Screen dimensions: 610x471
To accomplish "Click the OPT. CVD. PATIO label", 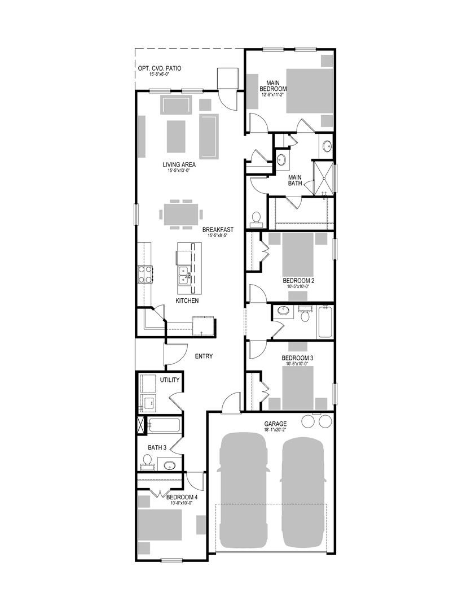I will click(x=160, y=69).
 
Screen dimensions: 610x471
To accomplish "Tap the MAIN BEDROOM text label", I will click(x=273, y=86).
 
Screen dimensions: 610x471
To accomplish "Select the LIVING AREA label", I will click(x=179, y=165).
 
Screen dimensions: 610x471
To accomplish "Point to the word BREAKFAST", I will click(x=218, y=230).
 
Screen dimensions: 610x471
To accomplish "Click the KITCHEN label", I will click(x=187, y=301).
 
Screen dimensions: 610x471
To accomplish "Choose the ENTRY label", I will click(x=204, y=356).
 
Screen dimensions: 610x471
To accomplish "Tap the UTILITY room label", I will click(x=169, y=380).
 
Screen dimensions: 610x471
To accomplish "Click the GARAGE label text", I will click(x=276, y=424).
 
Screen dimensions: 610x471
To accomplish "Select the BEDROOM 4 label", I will click(x=182, y=498).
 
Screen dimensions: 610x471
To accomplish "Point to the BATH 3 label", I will click(x=157, y=448).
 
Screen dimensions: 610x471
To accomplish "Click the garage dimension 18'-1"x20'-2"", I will click(x=276, y=430).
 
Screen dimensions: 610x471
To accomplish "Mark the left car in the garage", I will click(x=243, y=490).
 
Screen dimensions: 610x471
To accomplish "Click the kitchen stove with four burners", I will click(x=144, y=274).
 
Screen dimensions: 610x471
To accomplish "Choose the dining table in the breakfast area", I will click(x=181, y=214).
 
